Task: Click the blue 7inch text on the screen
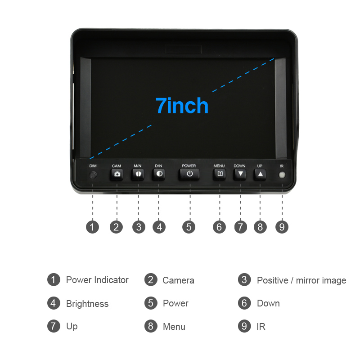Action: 182,105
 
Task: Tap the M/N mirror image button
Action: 138,174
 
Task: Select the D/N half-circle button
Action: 159,174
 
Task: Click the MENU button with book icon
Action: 220,174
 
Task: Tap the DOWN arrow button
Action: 240,174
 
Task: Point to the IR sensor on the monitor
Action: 282,175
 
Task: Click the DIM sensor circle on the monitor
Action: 93,175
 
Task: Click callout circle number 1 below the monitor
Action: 92,227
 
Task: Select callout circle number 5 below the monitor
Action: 189,227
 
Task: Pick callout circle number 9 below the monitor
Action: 282,227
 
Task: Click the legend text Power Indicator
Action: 97,280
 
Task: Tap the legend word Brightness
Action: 87,304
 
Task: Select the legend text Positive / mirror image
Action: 301,280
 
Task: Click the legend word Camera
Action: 178,280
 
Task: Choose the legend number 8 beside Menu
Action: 151,326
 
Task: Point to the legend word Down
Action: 268,303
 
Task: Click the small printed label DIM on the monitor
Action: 93,166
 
